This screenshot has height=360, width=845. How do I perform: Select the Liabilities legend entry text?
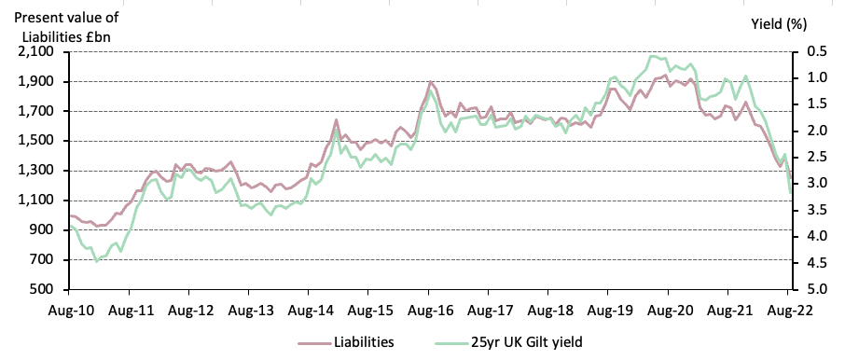coord(363,342)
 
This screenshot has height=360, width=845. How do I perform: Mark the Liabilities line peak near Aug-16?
coord(431,83)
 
